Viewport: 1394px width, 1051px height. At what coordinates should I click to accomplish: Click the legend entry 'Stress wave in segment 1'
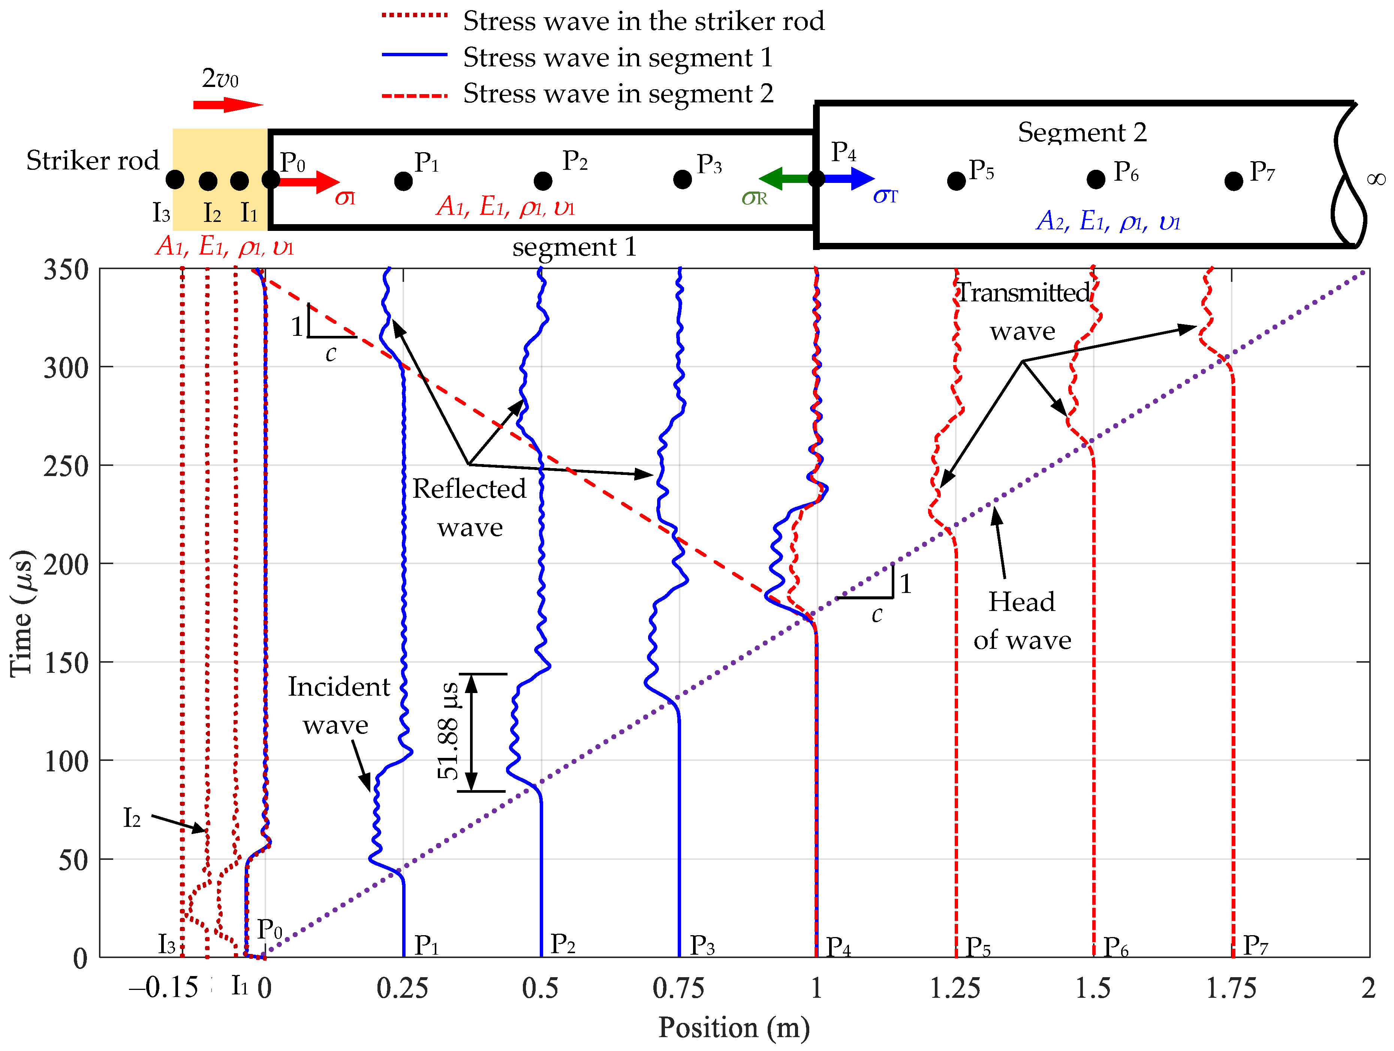point(618,57)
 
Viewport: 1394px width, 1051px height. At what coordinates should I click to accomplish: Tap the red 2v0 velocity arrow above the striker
point(227,105)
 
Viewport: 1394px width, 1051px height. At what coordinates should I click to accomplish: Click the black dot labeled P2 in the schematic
point(543,181)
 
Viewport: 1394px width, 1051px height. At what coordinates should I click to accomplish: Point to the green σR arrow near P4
point(785,179)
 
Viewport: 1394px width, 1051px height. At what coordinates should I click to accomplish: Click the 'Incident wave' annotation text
point(338,706)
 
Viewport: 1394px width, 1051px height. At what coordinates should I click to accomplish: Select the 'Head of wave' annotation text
point(1021,621)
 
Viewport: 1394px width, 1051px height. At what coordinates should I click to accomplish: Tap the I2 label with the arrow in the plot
point(132,818)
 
